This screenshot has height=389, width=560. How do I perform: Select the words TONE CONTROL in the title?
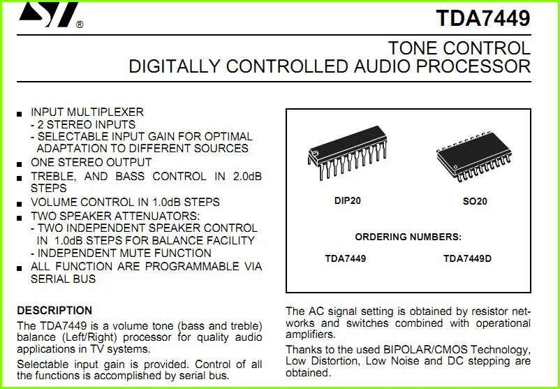[x=459, y=48]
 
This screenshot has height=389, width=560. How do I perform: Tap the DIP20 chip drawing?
[x=346, y=157]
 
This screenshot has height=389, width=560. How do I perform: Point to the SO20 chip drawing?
[x=473, y=160]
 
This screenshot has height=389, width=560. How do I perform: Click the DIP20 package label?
[x=347, y=201]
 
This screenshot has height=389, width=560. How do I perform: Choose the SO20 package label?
[x=475, y=201]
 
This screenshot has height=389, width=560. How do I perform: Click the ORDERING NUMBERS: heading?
[x=408, y=237]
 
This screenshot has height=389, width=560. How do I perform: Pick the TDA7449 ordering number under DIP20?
[x=345, y=258]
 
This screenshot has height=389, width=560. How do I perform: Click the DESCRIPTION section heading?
[x=54, y=310]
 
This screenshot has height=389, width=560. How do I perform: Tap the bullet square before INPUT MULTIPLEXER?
[x=20, y=113]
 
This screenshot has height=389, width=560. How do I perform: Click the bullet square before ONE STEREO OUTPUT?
[x=20, y=163]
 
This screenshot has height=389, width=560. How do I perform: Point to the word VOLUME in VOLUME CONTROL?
[x=53, y=202]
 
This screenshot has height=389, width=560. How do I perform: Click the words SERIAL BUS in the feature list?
[x=64, y=279]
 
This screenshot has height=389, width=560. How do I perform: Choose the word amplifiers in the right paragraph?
[x=309, y=335]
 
